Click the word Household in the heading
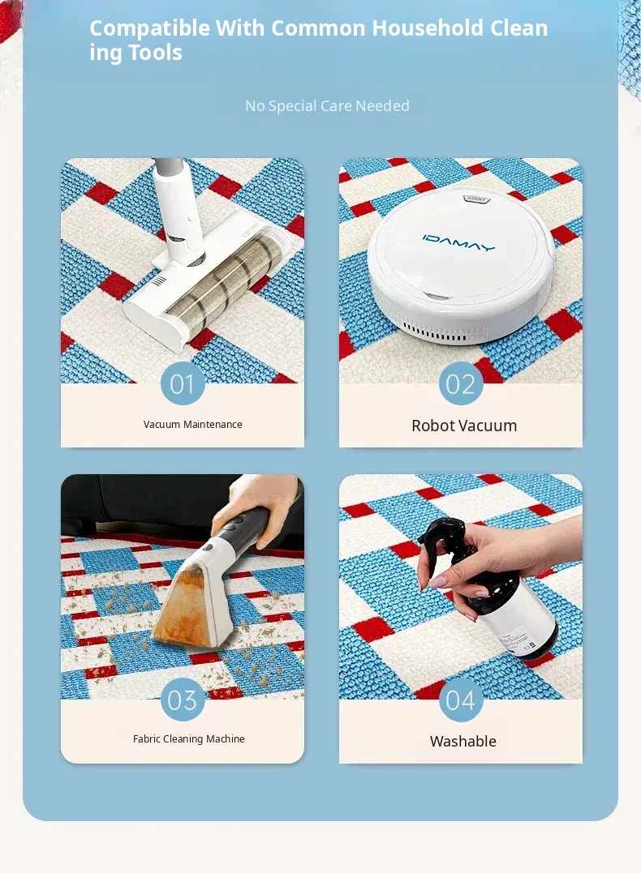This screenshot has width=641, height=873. click(428, 28)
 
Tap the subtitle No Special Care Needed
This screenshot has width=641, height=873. click(327, 106)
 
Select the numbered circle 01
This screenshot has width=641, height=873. click(183, 383)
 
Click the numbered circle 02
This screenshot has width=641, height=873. click(460, 383)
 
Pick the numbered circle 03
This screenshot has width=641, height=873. click(183, 700)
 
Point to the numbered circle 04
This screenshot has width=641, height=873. click(460, 700)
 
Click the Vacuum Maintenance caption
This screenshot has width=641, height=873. click(193, 424)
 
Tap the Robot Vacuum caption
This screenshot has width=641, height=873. click(464, 426)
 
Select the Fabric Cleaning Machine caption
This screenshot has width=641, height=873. click(189, 738)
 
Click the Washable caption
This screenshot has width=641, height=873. click(463, 742)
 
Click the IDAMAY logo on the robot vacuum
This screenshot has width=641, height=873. click(458, 242)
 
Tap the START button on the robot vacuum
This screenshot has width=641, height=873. click(476, 199)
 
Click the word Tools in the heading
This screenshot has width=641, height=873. click(155, 53)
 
